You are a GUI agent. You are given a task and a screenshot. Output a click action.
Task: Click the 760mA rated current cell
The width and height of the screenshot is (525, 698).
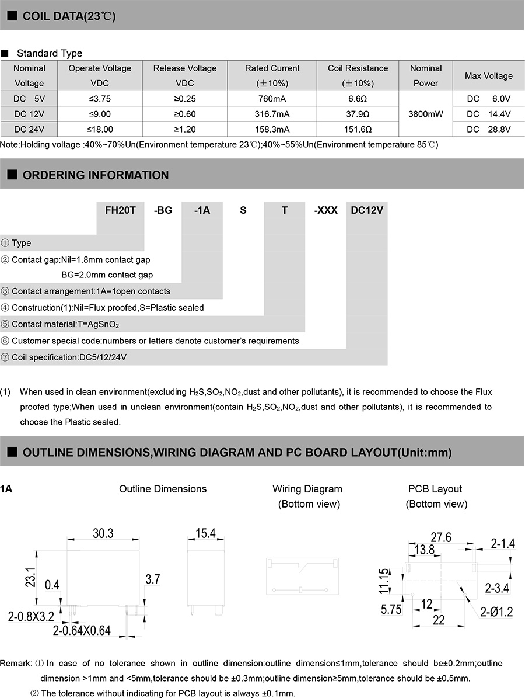[x=272, y=99]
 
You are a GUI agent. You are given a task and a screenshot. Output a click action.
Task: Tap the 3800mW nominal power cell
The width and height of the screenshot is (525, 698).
[x=425, y=114]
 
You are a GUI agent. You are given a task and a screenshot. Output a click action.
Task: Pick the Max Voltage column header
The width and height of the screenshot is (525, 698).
[x=488, y=76]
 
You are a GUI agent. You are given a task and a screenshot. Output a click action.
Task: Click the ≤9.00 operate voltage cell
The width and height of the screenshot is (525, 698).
[x=100, y=114]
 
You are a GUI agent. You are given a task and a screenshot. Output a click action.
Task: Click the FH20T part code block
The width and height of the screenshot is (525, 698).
[x=120, y=210]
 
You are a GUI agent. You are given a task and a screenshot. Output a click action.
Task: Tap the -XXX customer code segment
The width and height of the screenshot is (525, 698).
[x=325, y=210]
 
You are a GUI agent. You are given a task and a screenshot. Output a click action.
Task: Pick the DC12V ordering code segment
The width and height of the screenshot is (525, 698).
[x=367, y=210]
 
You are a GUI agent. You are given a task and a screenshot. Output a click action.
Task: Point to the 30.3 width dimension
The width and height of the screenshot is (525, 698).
[x=103, y=533]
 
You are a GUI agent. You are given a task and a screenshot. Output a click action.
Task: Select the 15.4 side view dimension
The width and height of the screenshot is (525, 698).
[x=205, y=533]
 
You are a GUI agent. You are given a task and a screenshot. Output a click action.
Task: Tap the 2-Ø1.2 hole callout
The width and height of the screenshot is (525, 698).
[x=496, y=612]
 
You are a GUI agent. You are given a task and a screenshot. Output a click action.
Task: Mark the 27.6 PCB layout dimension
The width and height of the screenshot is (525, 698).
[x=441, y=537]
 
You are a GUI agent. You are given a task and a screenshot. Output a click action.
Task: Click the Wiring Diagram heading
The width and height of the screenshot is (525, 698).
[x=307, y=489]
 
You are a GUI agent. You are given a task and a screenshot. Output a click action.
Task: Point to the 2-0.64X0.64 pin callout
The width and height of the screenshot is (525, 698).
[x=82, y=631]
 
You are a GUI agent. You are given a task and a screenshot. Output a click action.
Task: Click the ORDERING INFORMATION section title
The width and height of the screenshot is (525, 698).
[x=96, y=175]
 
